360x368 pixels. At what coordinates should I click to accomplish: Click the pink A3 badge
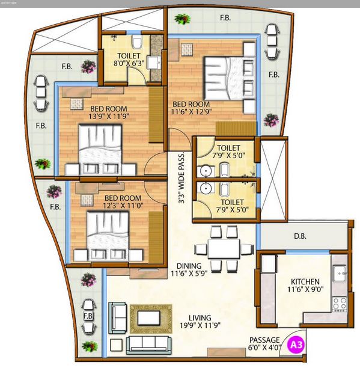tap(296, 345)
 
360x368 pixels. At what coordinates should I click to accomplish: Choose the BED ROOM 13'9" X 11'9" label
tap(109, 112)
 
